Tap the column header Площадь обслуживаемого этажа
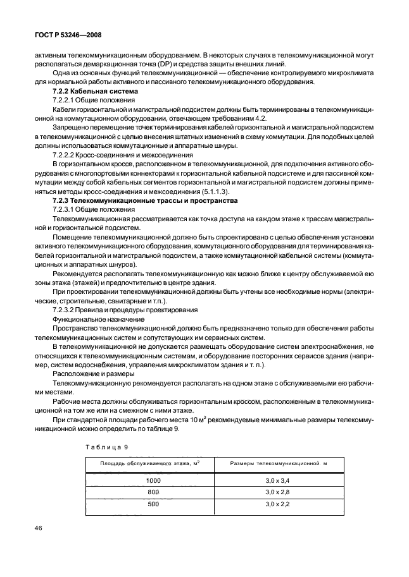pyautogui.click(x=149, y=465)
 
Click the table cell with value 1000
pyautogui.click(x=153, y=480)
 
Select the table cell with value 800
pyautogui.click(x=153, y=492)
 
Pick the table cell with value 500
pyautogui.click(x=153, y=505)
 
